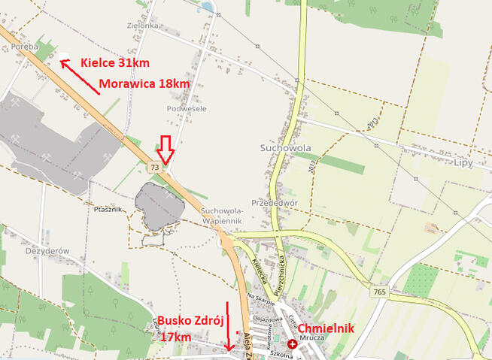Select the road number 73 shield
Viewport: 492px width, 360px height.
coord(155,166)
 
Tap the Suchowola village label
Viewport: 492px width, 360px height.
coord(284,147)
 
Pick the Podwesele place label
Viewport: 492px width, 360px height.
coord(186,108)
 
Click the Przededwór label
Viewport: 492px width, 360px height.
coord(275,202)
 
